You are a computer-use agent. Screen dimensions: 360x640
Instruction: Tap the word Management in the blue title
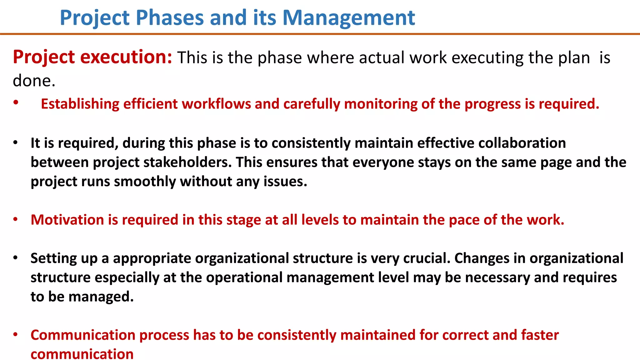pyautogui.click(x=348, y=18)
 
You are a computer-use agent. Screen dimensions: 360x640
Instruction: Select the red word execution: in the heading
pyautogui.click(x=126, y=57)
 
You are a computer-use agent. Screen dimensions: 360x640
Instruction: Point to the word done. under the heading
pyautogui.click(x=34, y=81)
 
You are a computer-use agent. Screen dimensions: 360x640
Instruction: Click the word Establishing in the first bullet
pyautogui.click(x=80, y=104)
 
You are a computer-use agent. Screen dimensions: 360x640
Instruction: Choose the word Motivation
pyautogui.click(x=67, y=220)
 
